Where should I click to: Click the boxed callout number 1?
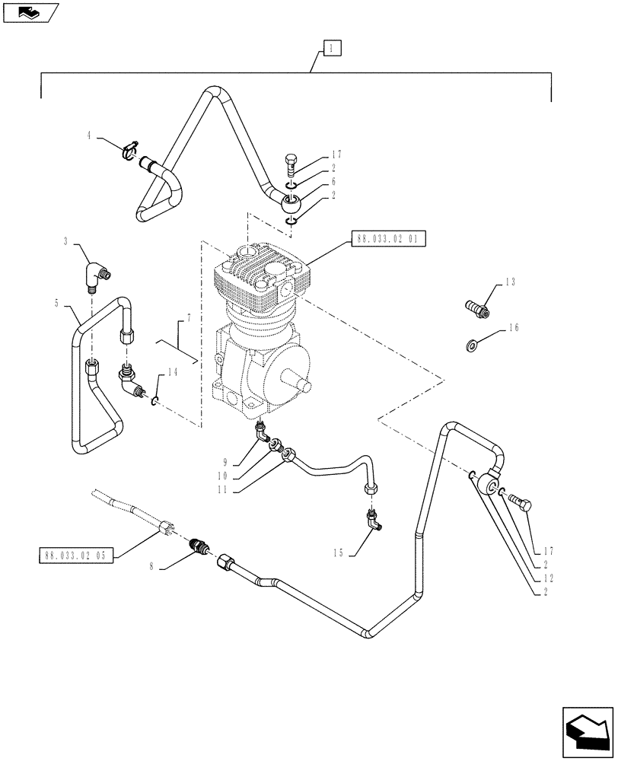pyautogui.click(x=332, y=48)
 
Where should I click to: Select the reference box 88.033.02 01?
pyautogui.click(x=387, y=238)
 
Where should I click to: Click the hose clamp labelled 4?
pyautogui.click(x=130, y=146)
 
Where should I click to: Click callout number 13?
pyautogui.click(x=509, y=282)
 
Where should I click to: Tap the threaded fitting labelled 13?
pyautogui.click(x=476, y=309)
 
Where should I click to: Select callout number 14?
pyautogui.click(x=174, y=372)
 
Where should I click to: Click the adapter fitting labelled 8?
pyautogui.click(x=199, y=546)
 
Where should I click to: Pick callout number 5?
pyautogui.click(x=58, y=303)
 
